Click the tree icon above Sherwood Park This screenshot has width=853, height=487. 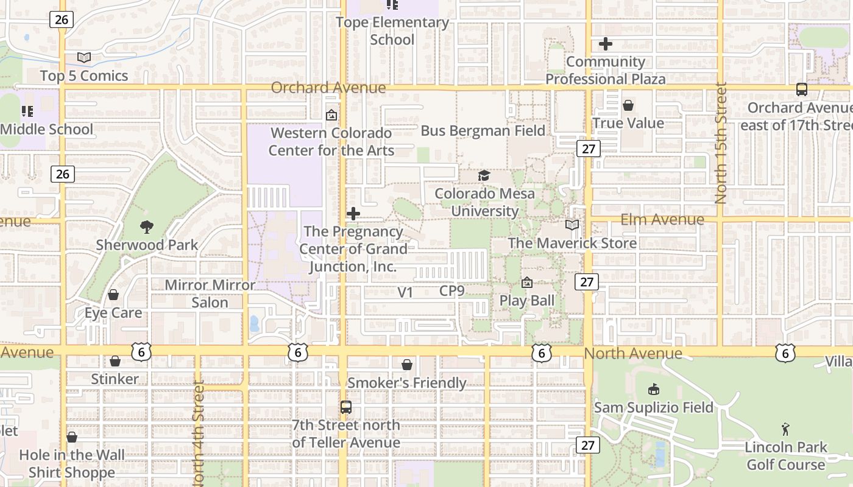[x=147, y=227]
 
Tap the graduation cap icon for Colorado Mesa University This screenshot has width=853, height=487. [x=484, y=176]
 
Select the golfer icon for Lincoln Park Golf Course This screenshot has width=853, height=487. [x=785, y=429]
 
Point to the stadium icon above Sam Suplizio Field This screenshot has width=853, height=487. [x=654, y=389]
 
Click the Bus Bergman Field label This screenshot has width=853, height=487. [x=483, y=131]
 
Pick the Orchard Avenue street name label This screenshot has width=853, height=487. [x=328, y=88]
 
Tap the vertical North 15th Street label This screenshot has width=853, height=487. [x=721, y=143]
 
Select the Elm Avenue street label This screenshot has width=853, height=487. [x=662, y=219]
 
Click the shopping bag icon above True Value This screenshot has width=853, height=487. [x=628, y=106]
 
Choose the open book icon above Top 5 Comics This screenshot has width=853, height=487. [x=84, y=58]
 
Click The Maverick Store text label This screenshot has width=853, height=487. [x=572, y=243]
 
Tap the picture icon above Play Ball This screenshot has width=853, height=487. [x=527, y=283]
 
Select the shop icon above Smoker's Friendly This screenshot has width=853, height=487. [x=407, y=365]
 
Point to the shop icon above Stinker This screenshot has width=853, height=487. [x=115, y=362]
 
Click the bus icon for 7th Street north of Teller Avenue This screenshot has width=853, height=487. [x=346, y=407]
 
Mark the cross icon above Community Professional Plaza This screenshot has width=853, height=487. [x=606, y=44]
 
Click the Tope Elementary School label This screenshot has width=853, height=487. [x=392, y=31]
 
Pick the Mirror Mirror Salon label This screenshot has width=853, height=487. [x=210, y=293]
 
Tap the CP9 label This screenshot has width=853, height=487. [x=452, y=291]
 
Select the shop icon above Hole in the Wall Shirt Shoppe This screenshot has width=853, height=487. [x=72, y=437]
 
